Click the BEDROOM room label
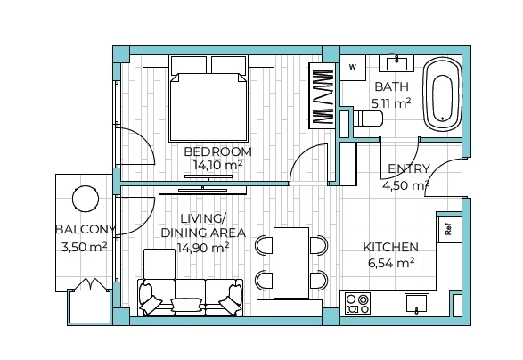point(217,151)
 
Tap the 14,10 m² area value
point(217,165)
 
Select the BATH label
point(392,86)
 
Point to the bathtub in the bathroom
point(442,94)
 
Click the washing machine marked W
point(353,68)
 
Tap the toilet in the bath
point(368,119)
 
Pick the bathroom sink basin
point(396,63)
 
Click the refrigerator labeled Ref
point(449,229)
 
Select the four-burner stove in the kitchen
point(357,303)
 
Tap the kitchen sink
point(417,304)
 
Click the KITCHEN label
point(390,247)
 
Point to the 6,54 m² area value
point(391,263)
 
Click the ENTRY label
point(409,168)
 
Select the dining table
point(291,263)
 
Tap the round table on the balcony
point(86,199)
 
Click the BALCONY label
point(86,230)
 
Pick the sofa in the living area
point(190,298)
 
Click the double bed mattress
point(208,107)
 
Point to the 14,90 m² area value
point(203,248)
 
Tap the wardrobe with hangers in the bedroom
point(322,95)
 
